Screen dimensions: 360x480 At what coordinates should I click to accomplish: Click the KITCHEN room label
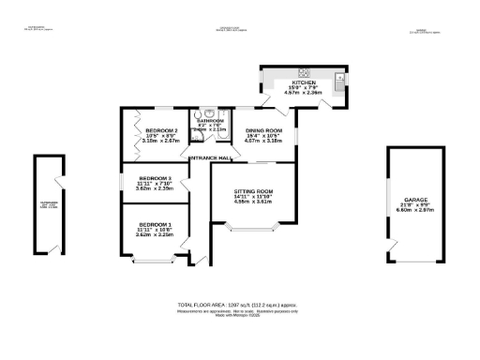point(306,82)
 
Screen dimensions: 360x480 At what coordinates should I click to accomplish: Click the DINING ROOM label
point(263,130)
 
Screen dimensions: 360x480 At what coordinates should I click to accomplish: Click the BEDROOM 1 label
point(154,224)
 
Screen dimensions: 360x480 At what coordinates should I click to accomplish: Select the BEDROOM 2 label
point(161,130)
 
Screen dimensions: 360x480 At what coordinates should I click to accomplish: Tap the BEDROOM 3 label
point(155,177)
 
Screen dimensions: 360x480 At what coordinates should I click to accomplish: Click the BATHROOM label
point(208,121)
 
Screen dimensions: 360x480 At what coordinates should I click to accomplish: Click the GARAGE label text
point(417,200)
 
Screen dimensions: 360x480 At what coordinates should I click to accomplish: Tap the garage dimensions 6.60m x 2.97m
point(417,211)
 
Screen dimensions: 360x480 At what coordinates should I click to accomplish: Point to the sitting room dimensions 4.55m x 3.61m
point(252,202)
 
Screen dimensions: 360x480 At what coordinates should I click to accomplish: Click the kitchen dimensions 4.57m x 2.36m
point(306,94)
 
